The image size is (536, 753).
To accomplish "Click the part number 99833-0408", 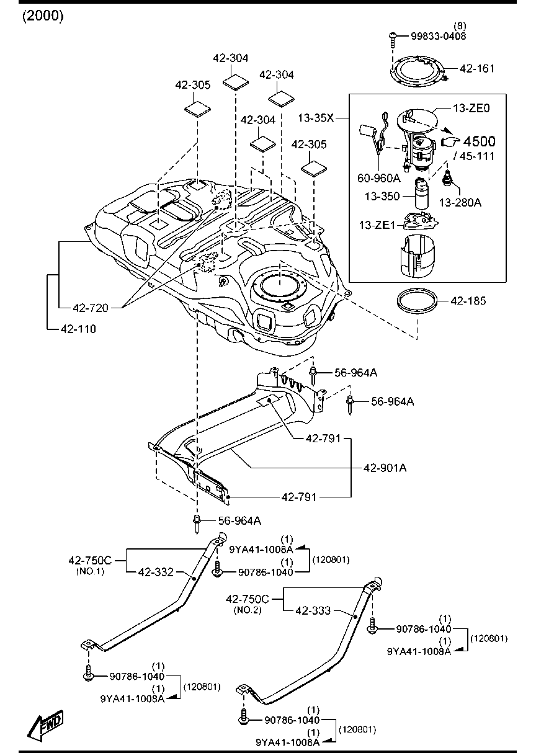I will click(438, 37).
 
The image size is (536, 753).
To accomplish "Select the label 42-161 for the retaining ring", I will click(477, 68).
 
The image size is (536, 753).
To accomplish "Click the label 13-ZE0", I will click(471, 108).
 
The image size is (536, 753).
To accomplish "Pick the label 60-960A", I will click(378, 178).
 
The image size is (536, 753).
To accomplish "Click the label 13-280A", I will click(460, 202).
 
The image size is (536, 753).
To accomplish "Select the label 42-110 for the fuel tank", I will click(78, 329).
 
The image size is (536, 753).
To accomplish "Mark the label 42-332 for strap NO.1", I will click(156, 571).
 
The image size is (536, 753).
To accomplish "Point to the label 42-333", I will click(313, 610).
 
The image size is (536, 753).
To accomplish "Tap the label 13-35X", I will click(316, 116).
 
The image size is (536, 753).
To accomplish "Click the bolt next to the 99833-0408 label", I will click(393, 39).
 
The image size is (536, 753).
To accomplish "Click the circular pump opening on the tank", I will click(279, 287).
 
